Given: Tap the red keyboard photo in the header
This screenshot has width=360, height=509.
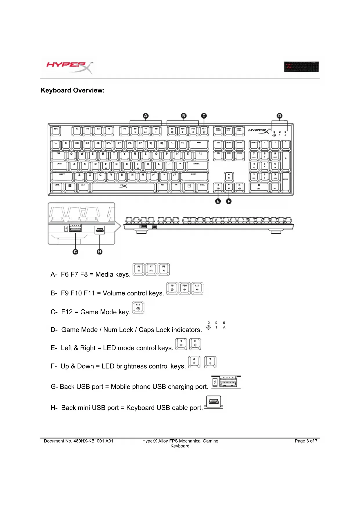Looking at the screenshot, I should click(x=301, y=67).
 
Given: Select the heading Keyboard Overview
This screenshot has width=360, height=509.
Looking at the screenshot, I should click(x=73, y=90).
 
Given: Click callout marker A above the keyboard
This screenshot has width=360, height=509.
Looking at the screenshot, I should click(x=146, y=116).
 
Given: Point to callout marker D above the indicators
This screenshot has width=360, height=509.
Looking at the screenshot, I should click(x=279, y=116).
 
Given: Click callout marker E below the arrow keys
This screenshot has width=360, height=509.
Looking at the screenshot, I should click(x=218, y=201).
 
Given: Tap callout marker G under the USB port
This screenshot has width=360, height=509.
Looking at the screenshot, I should click(x=75, y=252).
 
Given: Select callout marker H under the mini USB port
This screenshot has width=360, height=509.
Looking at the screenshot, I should click(x=100, y=252).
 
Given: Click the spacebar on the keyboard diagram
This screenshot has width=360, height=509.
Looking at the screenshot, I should click(x=123, y=187).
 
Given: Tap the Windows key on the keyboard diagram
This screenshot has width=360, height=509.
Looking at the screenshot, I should click(x=70, y=187).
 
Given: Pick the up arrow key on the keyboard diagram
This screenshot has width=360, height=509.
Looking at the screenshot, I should click(x=229, y=176).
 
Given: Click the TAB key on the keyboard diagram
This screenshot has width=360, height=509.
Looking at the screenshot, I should click(x=59, y=155).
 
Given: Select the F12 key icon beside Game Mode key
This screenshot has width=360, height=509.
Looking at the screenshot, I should click(x=138, y=308).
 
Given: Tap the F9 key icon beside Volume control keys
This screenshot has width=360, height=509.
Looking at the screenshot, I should click(x=172, y=288).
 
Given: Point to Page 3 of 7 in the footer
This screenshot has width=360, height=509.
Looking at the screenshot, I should click(x=306, y=441).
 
